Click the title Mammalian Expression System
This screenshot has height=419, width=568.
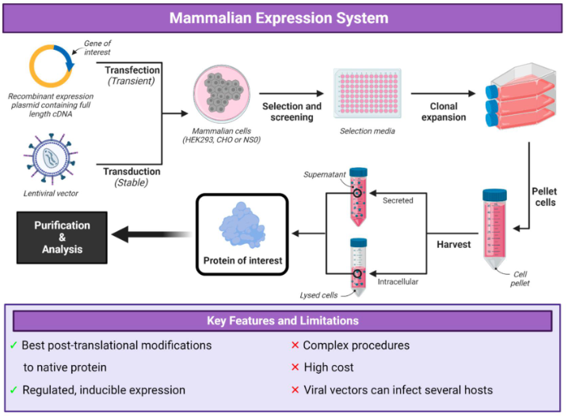click(284, 17)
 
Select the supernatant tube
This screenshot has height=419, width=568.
click(359, 198)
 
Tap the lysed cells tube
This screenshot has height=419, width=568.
click(359, 267)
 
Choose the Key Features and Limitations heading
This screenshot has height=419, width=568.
click(283, 321)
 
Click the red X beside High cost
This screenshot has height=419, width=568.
click(295, 367)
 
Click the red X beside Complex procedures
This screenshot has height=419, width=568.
click(295, 345)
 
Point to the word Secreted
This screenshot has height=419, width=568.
click(398, 200)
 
